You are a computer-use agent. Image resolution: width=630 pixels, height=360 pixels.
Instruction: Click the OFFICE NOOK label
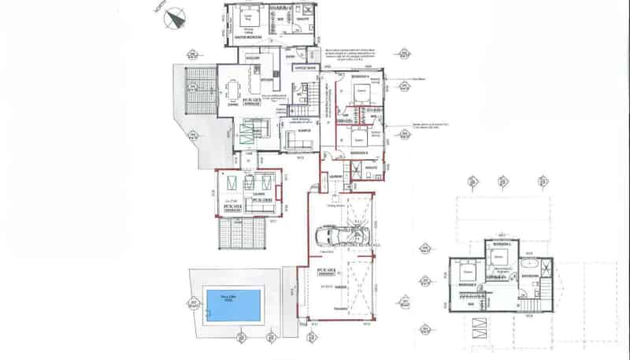(x=304, y=69)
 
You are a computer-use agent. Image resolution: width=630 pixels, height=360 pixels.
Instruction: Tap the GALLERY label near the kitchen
(x=253, y=58)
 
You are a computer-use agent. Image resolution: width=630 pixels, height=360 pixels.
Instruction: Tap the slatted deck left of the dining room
(x=200, y=91)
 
